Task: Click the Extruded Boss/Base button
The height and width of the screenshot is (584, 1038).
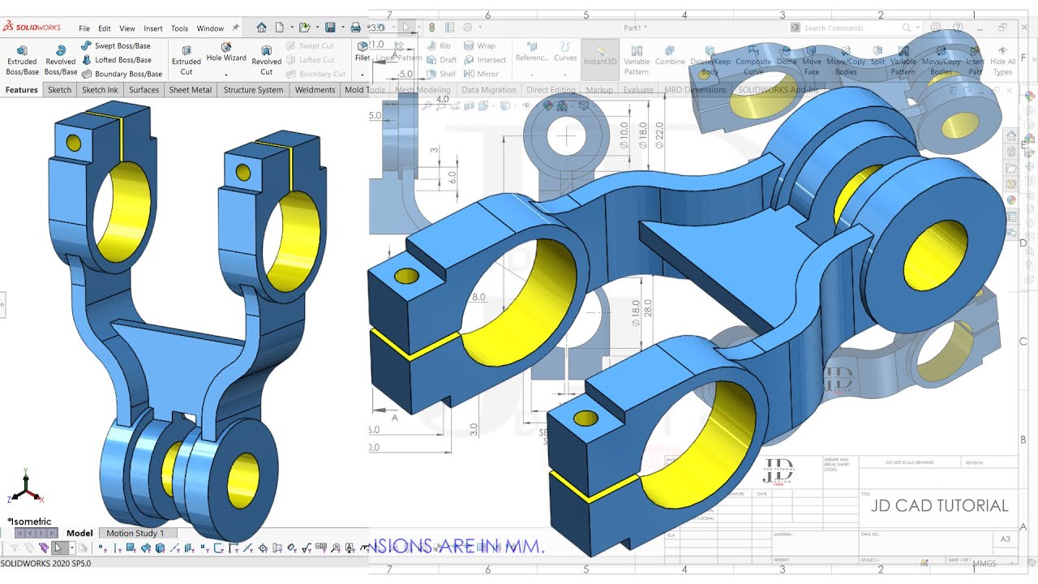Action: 22,60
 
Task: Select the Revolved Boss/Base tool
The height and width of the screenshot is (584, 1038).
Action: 61,60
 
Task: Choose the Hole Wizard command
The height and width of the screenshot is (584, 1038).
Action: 226,57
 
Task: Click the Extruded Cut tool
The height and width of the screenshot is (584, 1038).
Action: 187,60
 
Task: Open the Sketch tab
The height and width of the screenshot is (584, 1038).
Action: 59,90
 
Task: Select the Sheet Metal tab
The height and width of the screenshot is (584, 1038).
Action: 191,90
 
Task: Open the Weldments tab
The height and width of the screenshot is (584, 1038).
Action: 315,90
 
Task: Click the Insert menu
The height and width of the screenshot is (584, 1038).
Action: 153,28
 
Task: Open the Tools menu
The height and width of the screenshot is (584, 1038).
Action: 179,28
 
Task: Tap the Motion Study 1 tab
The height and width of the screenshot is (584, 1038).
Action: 135,533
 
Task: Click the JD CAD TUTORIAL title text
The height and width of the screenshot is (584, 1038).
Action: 939,505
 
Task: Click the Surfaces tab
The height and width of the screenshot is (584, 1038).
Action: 144,90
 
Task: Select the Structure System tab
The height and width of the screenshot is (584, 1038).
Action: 253,90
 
